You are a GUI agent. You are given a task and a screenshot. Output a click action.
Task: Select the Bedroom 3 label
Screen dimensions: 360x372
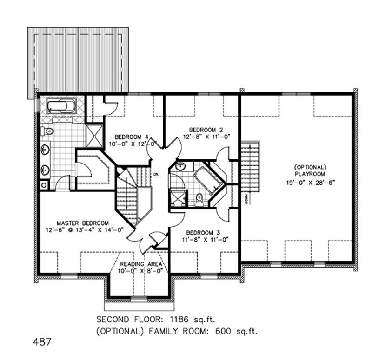(203, 233)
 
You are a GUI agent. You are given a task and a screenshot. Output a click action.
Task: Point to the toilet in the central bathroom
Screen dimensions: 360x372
(199, 198)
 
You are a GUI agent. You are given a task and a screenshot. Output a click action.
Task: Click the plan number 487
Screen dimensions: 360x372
(42, 342)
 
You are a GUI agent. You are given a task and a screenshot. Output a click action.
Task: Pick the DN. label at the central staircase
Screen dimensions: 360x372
(157, 175)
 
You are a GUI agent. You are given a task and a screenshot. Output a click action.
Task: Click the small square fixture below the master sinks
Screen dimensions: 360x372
(44, 185)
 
